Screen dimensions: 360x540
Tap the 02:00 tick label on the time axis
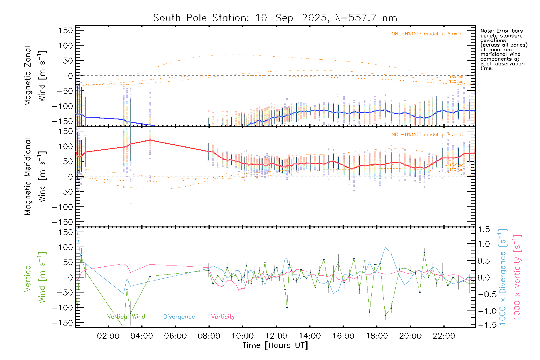point(108,336)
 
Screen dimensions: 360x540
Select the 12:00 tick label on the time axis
point(276,336)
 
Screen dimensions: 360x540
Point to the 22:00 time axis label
point(444,336)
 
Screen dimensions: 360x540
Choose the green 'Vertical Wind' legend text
point(126,317)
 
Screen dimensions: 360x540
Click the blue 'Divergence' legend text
point(179,317)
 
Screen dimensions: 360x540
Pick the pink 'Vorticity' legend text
point(223,317)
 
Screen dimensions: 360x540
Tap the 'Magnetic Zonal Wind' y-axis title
point(35,76)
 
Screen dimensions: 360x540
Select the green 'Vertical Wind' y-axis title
point(35,277)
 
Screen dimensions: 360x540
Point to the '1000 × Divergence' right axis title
point(502,277)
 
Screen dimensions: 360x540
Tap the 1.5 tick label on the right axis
point(484,229)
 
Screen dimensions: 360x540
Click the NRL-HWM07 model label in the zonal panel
point(427,34)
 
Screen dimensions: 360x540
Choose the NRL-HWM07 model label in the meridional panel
point(427,135)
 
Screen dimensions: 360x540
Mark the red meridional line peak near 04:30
point(150,140)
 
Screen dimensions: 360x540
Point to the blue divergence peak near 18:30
point(385,247)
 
